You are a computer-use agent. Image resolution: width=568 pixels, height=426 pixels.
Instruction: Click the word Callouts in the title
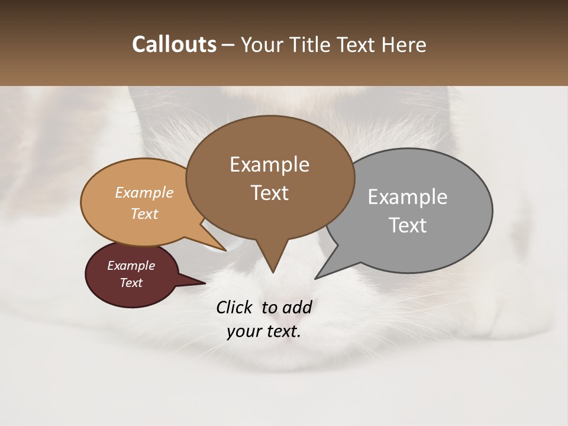[x=174, y=44]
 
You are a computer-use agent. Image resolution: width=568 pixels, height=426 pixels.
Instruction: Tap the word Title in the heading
[x=312, y=44]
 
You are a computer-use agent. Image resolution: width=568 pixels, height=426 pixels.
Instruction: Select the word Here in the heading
[x=403, y=44]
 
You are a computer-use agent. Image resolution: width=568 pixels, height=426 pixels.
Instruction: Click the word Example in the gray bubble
[x=408, y=197]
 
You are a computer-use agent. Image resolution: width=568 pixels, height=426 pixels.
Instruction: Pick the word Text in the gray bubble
[x=408, y=225]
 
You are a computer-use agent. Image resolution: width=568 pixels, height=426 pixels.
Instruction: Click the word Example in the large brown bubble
[x=269, y=164]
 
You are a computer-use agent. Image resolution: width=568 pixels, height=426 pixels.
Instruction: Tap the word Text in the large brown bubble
[x=269, y=193]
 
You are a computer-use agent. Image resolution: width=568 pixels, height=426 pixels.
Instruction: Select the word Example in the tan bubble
[x=144, y=193]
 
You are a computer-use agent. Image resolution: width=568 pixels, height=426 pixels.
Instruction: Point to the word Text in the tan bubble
[x=144, y=214]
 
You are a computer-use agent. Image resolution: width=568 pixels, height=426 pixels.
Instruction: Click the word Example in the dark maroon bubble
[x=131, y=266]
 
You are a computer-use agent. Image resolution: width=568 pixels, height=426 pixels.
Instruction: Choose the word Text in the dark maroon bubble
[x=131, y=283]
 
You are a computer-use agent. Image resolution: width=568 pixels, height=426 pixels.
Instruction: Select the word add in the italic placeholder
[x=298, y=307]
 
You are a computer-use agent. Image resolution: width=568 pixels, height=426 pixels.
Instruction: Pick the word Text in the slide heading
[x=357, y=44]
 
